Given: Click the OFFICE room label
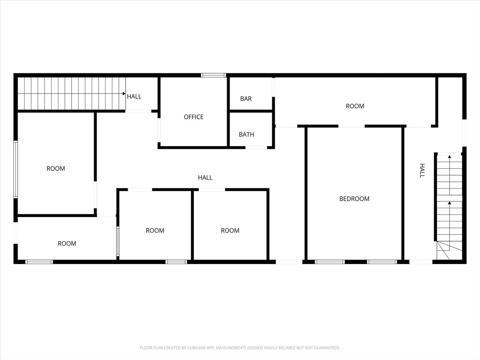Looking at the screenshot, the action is (194, 117).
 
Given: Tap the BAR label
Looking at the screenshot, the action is (246, 99).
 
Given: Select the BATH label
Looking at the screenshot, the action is (246, 134).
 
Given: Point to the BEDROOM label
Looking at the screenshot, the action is (354, 199).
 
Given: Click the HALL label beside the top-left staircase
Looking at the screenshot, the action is (134, 96).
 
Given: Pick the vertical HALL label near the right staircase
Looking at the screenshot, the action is (422, 170).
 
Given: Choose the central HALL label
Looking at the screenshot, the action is (205, 178).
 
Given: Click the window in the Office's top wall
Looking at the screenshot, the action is (214, 76).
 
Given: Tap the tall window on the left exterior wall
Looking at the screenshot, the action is (16, 169).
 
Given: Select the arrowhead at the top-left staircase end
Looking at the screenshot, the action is (124, 94).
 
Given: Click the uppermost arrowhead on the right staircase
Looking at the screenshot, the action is (449, 157).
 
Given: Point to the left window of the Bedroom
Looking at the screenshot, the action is (330, 262).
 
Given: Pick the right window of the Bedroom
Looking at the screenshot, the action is (382, 262).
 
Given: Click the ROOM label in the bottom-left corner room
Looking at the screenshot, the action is (67, 244).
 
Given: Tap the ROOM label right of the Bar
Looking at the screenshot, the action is (355, 106).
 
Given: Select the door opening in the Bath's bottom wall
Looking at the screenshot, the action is (256, 148).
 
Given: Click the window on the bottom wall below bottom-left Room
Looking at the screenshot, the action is (39, 262).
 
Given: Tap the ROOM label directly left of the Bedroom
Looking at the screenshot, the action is (230, 230).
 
